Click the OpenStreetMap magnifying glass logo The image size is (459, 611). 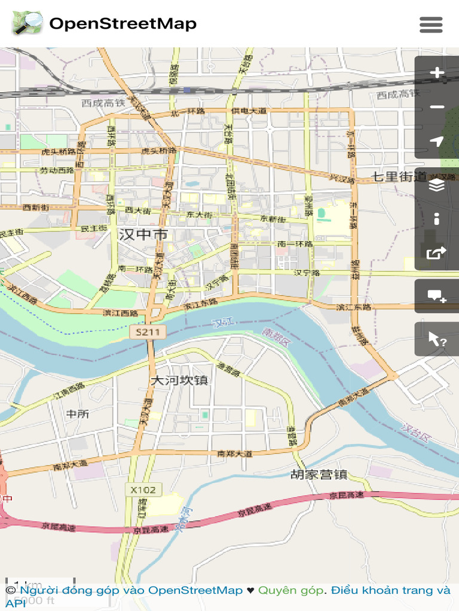(27, 24)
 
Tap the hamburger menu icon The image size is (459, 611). (431, 24)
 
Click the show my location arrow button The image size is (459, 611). (437, 141)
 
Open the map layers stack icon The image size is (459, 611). (437, 186)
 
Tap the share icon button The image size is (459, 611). (437, 253)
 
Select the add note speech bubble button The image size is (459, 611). (437, 296)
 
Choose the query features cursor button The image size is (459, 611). (437, 340)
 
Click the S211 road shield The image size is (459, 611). (147, 332)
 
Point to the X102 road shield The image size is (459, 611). (143, 490)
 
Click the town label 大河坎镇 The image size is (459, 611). (179, 380)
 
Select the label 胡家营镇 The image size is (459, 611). (319, 475)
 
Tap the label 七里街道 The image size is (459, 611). (399, 177)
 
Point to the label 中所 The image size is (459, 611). (77, 413)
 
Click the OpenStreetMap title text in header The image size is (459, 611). (123, 24)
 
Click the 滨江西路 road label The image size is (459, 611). (120, 313)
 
